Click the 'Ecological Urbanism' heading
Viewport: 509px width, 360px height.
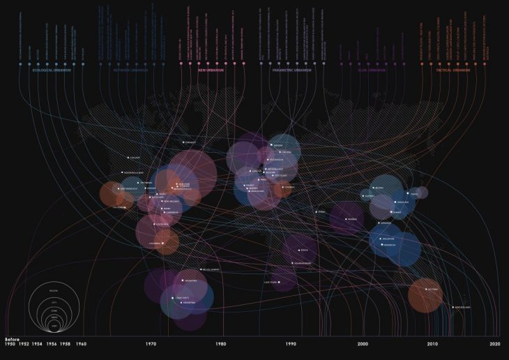tap(52, 70)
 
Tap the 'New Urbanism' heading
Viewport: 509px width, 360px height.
tap(211, 70)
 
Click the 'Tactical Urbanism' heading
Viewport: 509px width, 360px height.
tap(453, 70)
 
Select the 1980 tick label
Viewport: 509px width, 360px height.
tap(221, 344)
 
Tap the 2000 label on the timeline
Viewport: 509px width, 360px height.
tap(363, 344)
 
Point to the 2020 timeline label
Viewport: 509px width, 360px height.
tap(494, 344)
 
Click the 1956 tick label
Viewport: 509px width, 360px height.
tap(52, 344)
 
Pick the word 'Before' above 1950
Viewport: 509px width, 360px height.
tap(13, 338)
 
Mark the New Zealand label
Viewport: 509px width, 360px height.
tap(463, 307)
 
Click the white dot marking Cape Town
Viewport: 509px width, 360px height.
tap(280, 282)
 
